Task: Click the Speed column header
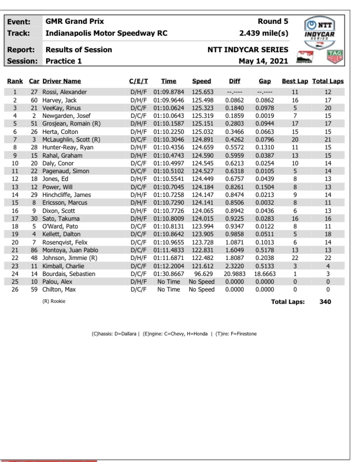[201, 81]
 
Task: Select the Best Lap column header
[295, 81]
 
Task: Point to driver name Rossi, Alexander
[65, 91]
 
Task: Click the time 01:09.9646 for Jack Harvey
[169, 100]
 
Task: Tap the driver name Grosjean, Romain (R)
[72, 124]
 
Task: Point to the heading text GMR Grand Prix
[75, 22]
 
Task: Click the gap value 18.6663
[264, 273]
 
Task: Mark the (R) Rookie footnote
[53, 301]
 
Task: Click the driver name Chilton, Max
[61, 289]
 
